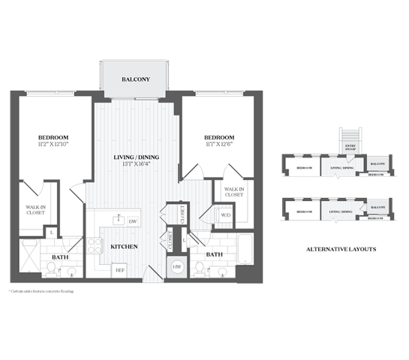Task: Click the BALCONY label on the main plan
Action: click(x=136, y=79)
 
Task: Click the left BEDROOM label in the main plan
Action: click(x=53, y=137)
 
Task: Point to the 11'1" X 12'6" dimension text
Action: click(x=219, y=145)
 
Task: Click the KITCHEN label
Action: click(x=123, y=246)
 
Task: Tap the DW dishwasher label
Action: click(x=133, y=221)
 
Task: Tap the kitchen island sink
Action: click(x=118, y=220)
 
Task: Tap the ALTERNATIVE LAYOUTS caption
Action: click(x=341, y=247)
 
